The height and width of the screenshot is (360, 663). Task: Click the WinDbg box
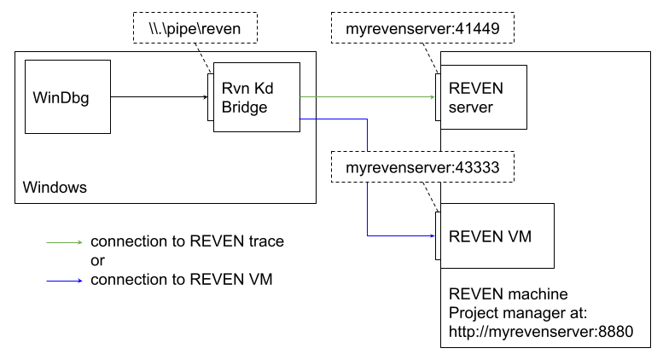(x=67, y=96)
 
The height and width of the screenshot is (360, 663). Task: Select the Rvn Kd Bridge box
(x=256, y=96)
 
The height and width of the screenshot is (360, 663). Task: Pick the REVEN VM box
(x=496, y=236)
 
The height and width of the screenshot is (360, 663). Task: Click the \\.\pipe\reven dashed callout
(x=195, y=31)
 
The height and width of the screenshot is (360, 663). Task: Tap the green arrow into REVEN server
(x=367, y=96)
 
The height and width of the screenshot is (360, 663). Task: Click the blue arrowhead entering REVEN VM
(x=429, y=235)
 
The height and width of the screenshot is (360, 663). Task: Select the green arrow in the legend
(x=64, y=241)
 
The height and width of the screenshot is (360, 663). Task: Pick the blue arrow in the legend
(x=64, y=278)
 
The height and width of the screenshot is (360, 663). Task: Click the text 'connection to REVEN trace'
(x=187, y=241)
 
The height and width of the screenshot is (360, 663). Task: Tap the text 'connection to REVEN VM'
(x=181, y=278)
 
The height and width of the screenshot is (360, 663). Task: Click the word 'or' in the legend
(x=98, y=260)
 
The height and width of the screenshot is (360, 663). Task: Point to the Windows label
(x=55, y=187)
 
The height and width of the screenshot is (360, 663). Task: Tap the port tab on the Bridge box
(x=209, y=96)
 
